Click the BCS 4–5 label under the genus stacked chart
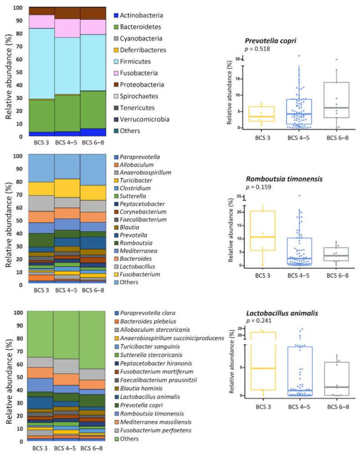(x=67, y=290)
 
